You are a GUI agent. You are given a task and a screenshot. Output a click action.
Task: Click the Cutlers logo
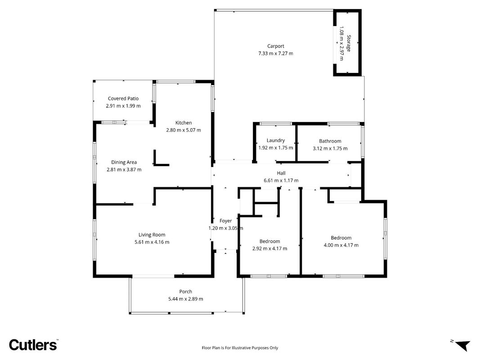pos(33,345)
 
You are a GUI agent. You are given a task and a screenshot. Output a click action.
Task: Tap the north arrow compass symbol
pos(462,345)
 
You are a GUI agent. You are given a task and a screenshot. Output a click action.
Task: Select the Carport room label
pos(275,46)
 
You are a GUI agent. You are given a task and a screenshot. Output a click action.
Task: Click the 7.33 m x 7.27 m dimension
pos(275,53)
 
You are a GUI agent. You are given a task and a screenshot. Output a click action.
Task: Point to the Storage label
pos(348,44)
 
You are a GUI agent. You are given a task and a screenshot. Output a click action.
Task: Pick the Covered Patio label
pos(123,99)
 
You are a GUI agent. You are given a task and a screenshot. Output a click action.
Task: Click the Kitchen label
pos(184,123)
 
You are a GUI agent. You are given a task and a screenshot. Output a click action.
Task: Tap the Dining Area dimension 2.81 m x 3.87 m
pos(124,170)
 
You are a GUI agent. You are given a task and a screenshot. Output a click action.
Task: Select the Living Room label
pos(152,235)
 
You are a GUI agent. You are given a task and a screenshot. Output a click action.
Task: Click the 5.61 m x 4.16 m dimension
pos(152,242)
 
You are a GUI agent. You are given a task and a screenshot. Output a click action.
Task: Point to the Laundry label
pos(275,140)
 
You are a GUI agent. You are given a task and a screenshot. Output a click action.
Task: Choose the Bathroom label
pos(330,141)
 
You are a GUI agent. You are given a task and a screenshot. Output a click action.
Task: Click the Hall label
pos(281,173)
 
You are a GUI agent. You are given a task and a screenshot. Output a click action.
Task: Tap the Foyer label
pos(226,220)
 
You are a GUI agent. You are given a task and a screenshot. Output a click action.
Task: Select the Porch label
pos(185,292)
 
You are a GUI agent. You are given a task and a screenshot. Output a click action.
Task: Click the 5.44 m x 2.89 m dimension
pos(185,299)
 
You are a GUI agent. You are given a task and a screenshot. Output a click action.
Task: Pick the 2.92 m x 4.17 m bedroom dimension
pos(270,248)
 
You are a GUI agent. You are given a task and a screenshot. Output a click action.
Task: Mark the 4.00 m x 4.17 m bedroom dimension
pos(341,245)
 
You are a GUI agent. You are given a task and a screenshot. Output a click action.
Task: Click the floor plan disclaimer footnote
pos(240,348)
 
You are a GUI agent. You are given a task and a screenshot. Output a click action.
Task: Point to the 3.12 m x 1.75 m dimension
pos(330,148)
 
